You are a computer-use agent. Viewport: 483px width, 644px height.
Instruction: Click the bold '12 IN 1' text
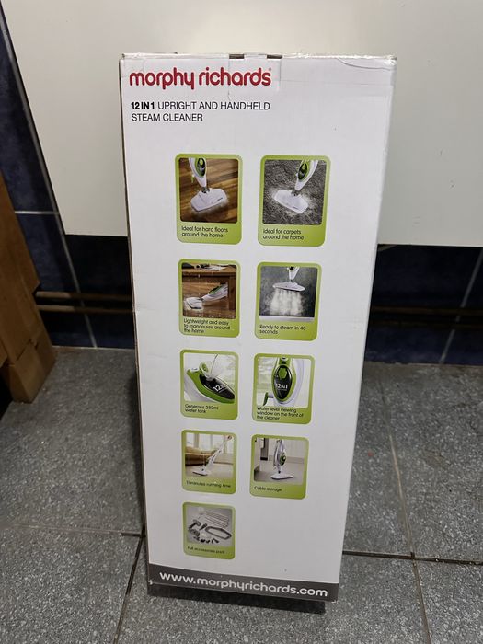click(145, 107)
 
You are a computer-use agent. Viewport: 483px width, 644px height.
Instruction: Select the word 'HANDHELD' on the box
click(244, 107)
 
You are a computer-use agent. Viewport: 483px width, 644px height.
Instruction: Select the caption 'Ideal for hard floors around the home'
click(205, 234)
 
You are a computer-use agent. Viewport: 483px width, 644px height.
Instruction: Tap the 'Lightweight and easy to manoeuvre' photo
click(209, 290)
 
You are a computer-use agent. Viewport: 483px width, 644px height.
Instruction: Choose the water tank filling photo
click(209, 377)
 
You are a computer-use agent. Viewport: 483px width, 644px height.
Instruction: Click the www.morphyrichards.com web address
click(243, 585)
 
